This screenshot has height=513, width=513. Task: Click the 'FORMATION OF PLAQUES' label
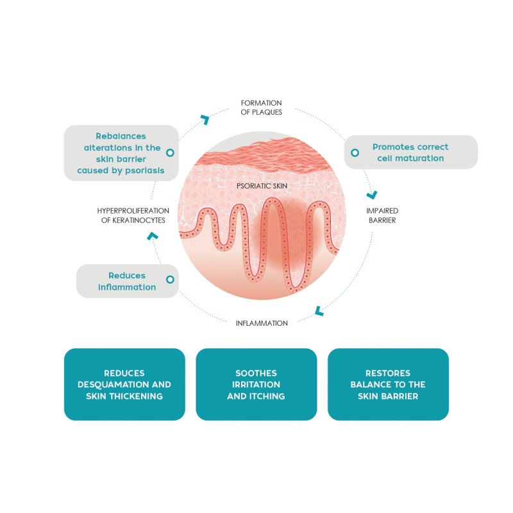click(x=262, y=107)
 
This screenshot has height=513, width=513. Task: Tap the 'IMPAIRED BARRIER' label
click(x=382, y=215)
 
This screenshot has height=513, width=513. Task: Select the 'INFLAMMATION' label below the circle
click(x=262, y=323)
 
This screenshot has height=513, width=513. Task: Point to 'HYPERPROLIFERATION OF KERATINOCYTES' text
click(x=133, y=215)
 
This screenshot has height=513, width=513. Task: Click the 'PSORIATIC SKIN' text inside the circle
click(x=262, y=186)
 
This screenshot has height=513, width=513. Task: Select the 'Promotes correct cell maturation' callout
click(x=411, y=152)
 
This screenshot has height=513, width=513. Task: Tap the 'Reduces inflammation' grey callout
click(x=128, y=281)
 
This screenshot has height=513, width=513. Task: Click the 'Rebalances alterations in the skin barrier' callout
click(x=121, y=153)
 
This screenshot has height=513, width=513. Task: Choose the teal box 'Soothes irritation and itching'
click(x=256, y=384)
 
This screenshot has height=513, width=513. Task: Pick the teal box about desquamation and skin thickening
click(x=124, y=384)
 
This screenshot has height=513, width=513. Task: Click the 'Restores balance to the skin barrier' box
click(x=388, y=384)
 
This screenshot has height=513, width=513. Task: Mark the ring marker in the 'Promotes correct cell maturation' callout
click(x=355, y=153)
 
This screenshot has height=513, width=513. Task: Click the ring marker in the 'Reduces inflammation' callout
click(x=170, y=280)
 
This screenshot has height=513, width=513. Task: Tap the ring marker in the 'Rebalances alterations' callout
click(x=170, y=153)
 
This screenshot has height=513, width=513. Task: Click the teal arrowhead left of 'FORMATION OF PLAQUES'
click(x=206, y=119)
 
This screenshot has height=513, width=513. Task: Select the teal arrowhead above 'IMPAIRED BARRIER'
click(x=373, y=196)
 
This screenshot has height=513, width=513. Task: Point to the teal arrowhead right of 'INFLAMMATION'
click(x=319, y=312)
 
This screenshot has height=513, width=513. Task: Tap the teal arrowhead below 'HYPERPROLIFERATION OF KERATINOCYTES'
click(x=153, y=235)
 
